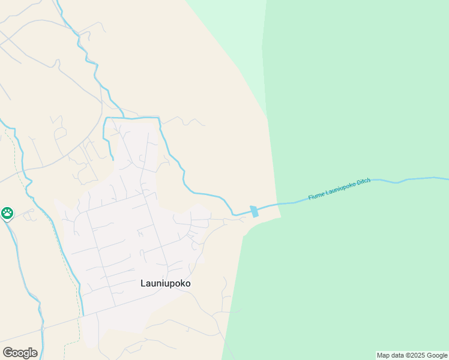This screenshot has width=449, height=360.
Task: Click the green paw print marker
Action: [7, 213]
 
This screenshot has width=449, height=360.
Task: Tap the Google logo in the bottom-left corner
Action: [20, 353]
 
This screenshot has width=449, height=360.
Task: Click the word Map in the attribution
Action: [384, 356]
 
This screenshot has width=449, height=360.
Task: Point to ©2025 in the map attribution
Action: [414, 356]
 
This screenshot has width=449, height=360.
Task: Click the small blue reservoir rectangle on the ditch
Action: [255, 211]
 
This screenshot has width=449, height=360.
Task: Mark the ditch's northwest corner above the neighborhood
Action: [106, 119]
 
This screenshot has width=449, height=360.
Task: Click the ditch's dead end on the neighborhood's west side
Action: [112, 159]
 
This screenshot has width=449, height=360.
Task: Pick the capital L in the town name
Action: [143, 283]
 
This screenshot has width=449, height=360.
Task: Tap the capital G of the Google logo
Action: [8, 353]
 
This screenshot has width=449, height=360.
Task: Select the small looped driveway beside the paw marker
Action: [28, 216]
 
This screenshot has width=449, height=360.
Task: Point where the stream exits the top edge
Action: [58, 1]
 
